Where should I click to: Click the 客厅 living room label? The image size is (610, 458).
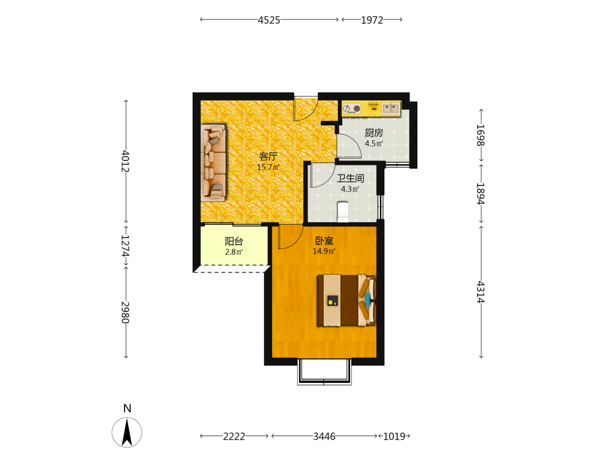(x=268, y=156)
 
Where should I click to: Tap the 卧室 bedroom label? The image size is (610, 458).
(x=324, y=241)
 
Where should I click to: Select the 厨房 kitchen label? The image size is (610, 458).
(x=374, y=133)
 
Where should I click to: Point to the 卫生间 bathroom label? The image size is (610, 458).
(x=350, y=178)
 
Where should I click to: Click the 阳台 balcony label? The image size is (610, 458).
(x=234, y=241)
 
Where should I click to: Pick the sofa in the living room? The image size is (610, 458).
(x=213, y=163)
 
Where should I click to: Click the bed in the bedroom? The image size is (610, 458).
(x=346, y=300)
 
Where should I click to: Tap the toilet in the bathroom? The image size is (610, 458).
(x=343, y=211)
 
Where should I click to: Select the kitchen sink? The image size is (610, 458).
(x=391, y=108)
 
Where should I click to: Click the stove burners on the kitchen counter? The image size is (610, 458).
(x=352, y=109)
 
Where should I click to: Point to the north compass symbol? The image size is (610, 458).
(x=127, y=432)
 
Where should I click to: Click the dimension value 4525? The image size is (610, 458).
(x=269, y=20)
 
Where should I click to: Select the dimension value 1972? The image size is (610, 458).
(x=372, y=20)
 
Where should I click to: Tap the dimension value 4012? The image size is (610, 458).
(x=125, y=161)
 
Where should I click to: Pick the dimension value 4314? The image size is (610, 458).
(x=481, y=292)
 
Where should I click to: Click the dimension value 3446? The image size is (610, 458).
(x=325, y=437)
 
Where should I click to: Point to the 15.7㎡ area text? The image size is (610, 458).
(x=268, y=167)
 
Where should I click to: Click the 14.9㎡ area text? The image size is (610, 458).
(x=324, y=252)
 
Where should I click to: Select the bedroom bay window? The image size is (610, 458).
(x=325, y=371)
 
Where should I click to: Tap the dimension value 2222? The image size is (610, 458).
(x=234, y=437)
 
